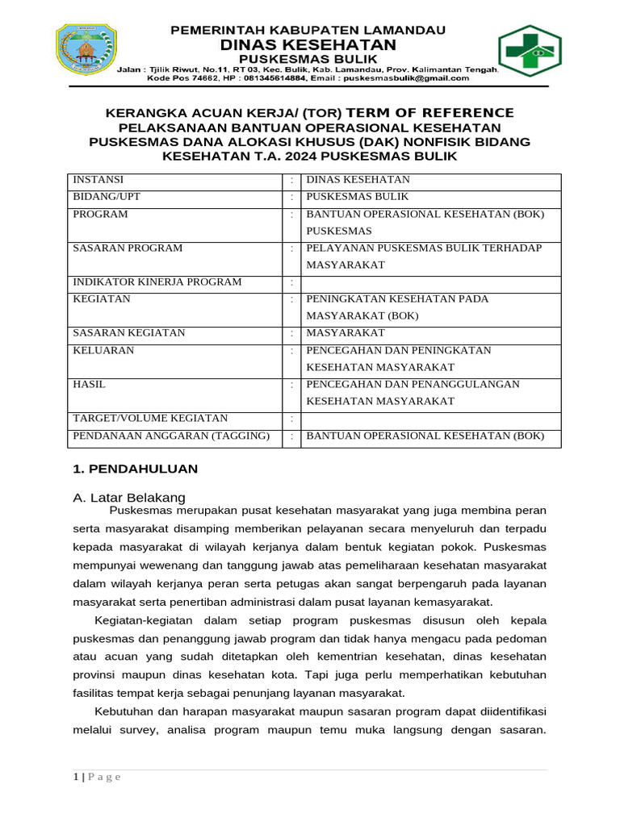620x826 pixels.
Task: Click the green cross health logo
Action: (x=530, y=51)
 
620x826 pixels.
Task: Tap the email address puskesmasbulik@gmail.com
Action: (x=405, y=79)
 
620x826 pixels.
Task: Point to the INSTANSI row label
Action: (x=98, y=180)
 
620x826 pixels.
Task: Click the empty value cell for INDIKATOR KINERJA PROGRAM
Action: (x=430, y=282)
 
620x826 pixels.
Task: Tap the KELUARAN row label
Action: (x=103, y=351)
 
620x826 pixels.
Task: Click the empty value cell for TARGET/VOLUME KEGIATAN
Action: (x=430, y=419)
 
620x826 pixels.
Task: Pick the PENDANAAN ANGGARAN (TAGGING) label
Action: (x=171, y=436)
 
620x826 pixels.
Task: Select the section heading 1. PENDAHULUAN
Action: (x=136, y=469)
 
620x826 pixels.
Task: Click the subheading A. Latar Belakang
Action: (x=129, y=496)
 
